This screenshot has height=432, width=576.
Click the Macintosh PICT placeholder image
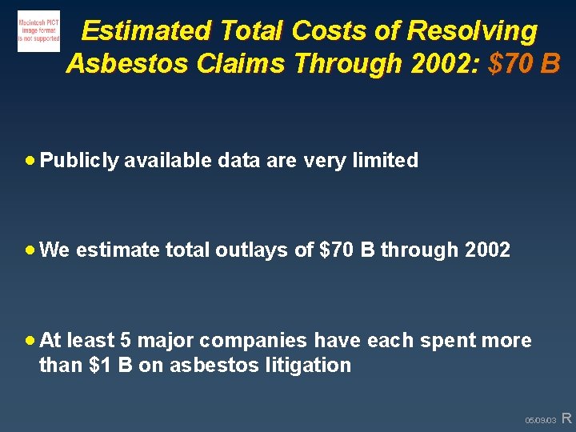pos(38,31)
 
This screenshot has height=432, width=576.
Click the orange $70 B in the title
pos(524,62)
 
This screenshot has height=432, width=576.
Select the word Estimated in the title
pos(146,30)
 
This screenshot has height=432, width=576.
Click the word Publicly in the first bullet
pos(79,161)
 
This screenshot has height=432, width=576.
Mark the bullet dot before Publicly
pos(30,161)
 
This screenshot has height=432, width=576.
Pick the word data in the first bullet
pos(238,161)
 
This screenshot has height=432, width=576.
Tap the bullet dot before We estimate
pos(30,250)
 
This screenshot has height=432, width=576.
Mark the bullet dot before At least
pos(30,340)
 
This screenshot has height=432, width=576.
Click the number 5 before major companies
pos(126,340)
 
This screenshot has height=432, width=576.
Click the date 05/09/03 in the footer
pos(540,420)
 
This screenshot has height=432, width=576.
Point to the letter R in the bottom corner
pos(566,418)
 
